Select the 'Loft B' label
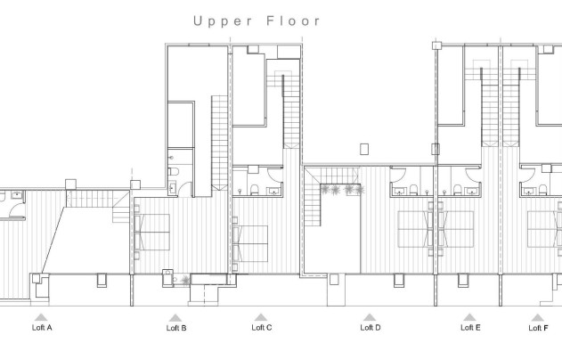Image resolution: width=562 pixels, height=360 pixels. tap(176, 328)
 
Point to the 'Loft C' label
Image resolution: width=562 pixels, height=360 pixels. tap(262, 328)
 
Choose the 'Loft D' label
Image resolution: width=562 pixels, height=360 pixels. tap(371, 328)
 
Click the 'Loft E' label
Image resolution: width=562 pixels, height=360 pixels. tap(470, 328)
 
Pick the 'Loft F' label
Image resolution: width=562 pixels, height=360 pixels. tap(538, 328)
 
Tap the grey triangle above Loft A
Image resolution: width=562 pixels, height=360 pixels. tap(40, 316)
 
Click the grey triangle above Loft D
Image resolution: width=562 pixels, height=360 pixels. tap(370, 316)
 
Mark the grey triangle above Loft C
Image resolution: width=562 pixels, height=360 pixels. tap(261, 316)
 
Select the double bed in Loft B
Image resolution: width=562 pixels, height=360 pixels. tap(152, 232)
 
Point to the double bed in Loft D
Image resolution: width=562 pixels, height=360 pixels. tap(415, 229)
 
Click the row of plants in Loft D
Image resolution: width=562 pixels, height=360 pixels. tap(341, 190)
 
